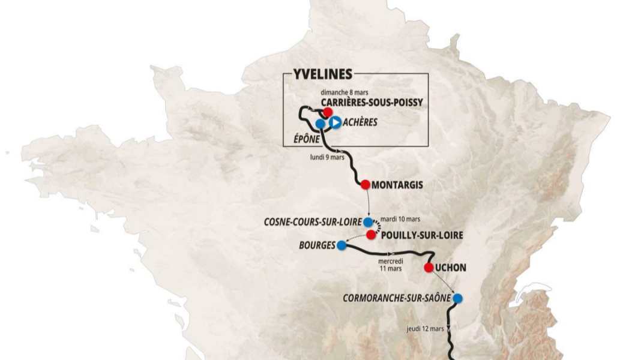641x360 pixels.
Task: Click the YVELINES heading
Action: [x=323, y=74]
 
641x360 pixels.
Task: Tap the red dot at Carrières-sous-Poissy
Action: [x=328, y=112]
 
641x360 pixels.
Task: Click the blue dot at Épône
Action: [x=320, y=124]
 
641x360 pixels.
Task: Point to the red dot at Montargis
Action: [x=365, y=184]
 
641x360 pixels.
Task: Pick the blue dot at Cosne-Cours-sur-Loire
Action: [x=368, y=222]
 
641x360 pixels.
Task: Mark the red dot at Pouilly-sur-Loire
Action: [x=372, y=234]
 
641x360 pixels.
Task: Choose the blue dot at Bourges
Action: [x=342, y=245]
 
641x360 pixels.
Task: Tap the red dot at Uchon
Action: [x=429, y=268]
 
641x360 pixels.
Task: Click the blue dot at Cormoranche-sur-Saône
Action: [x=458, y=298]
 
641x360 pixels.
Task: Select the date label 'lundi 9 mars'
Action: [x=327, y=158]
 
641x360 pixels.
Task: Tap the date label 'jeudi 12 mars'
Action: [x=425, y=328]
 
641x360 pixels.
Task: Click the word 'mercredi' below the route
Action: [x=391, y=262]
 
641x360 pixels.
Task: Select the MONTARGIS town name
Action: [x=397, y=185]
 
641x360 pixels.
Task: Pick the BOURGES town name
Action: [x=316, y=245]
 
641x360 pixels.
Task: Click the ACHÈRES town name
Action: [x=361, y=122]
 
